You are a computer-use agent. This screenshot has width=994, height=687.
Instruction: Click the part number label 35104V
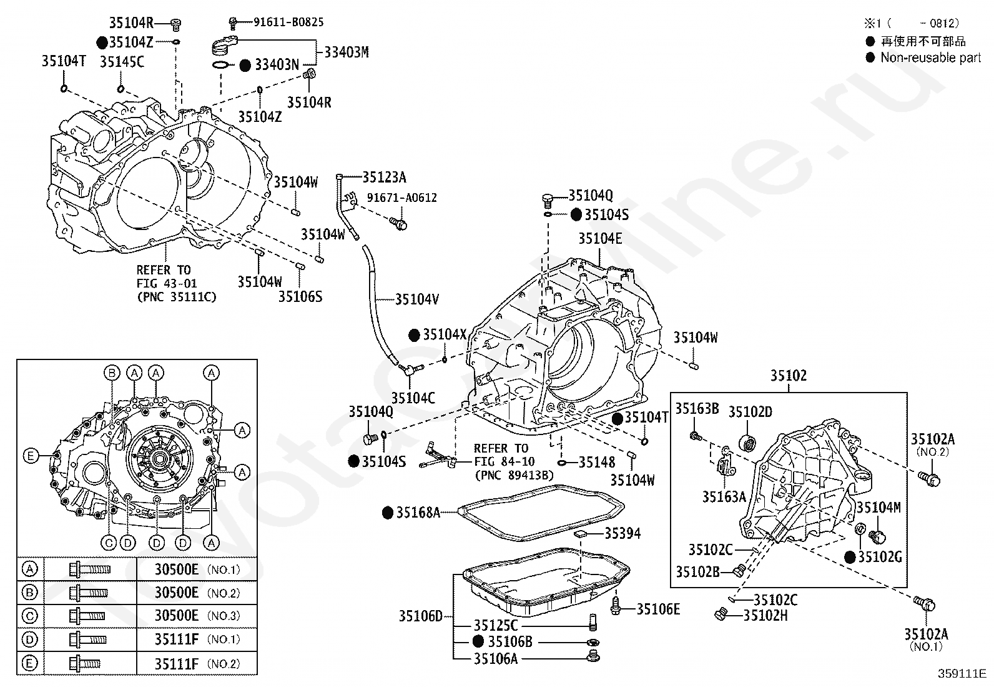(x=416, y=299)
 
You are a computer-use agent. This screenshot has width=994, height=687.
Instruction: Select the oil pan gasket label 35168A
(x=418, y=513)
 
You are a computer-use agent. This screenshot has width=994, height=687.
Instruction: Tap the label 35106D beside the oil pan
(x=420, y=616)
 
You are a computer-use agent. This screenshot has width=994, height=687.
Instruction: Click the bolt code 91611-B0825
(x=288, y=22)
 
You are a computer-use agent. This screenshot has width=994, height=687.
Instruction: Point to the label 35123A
(x=384, y=178)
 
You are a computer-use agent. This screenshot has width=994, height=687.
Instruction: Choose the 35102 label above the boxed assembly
(x=788, y=376)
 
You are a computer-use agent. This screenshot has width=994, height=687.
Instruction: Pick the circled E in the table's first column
(x=29, y=663)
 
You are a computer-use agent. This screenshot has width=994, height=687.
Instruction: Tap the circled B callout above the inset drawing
(x=112, y=373)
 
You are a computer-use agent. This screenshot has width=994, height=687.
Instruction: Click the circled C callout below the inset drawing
(x=109, y=543)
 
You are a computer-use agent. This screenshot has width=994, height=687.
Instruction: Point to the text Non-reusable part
(x=930, y=58)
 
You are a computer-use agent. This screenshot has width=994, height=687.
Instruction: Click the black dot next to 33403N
(x=245, y=65)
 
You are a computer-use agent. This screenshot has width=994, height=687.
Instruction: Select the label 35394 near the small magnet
(x=622, y=534)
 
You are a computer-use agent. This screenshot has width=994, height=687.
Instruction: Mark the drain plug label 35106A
(x=495, y=658)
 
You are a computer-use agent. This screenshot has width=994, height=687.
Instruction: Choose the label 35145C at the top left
(x=122, y=61)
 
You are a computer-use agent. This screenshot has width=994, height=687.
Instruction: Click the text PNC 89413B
(x=514, y=475)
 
